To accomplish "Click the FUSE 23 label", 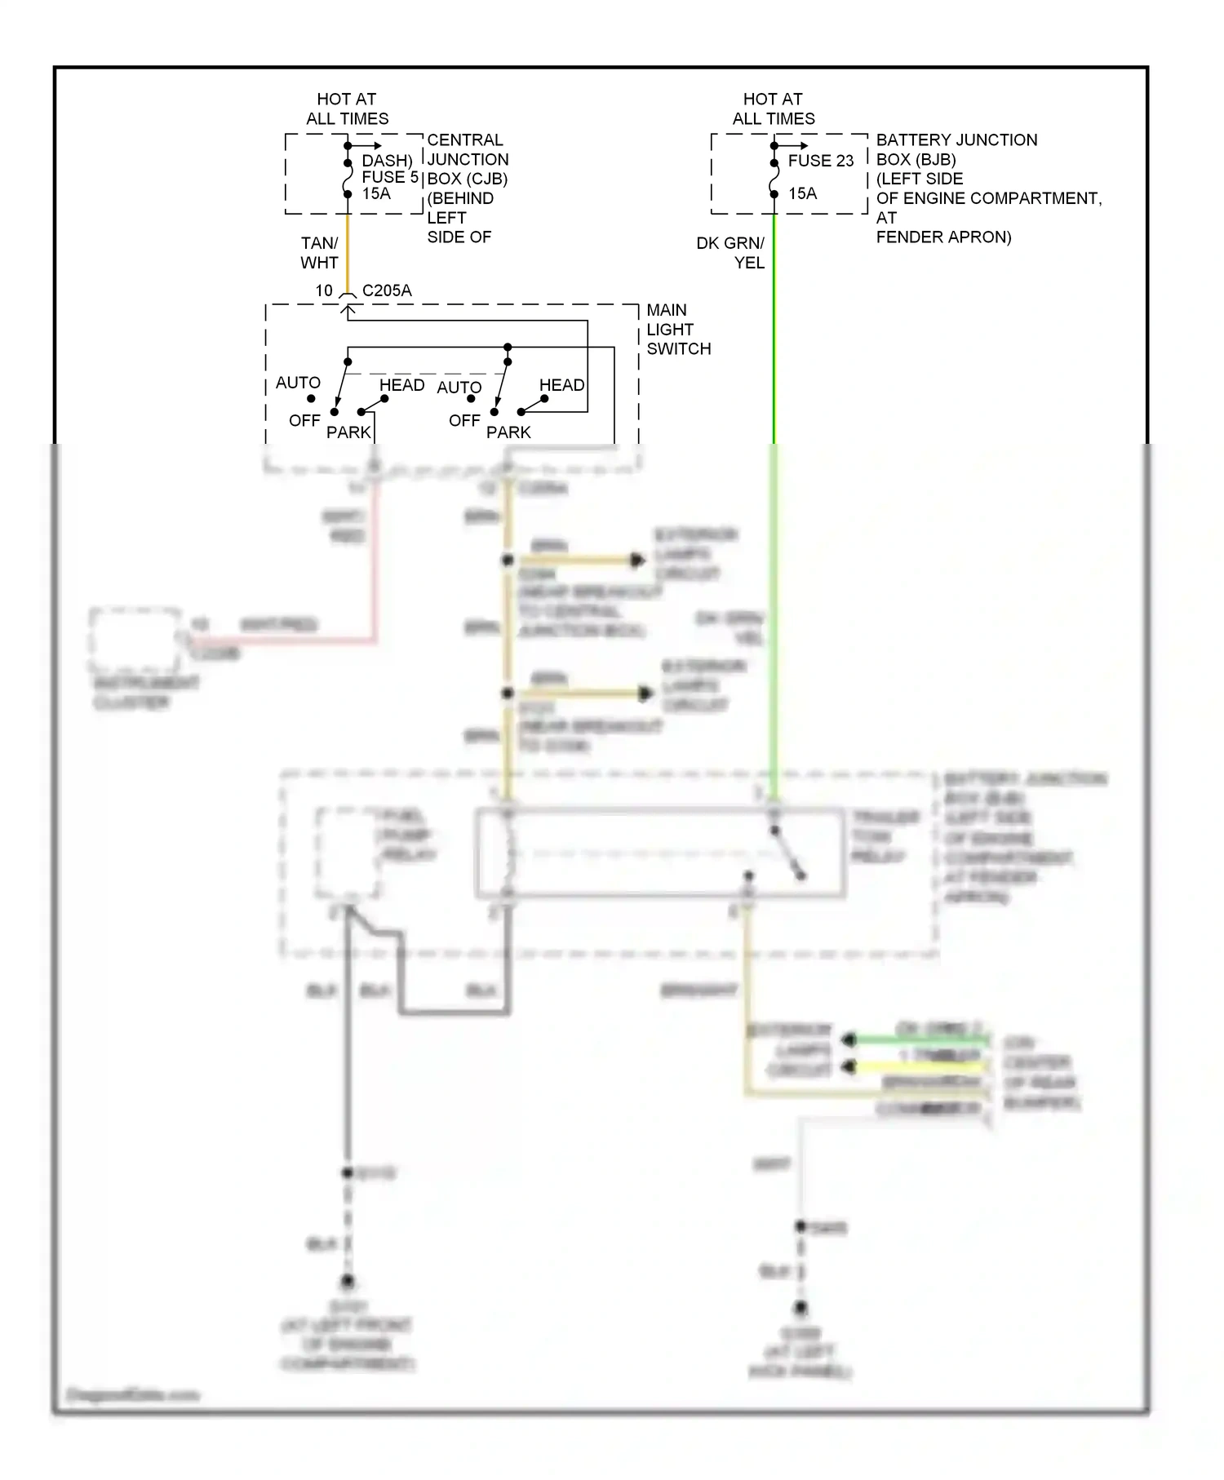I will (820, 161).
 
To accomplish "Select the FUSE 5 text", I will (390, 177).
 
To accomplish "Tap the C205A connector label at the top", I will (387, 290).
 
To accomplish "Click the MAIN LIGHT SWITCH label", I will (677, 330).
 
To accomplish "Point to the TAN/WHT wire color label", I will (319, 253).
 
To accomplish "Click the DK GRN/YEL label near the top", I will (730, 253).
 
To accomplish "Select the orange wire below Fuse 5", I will (348, 253).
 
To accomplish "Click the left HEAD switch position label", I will (401, 385).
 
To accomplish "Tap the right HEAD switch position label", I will (561, 385).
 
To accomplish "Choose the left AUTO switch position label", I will (298, 383).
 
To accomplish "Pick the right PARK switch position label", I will (508, 432).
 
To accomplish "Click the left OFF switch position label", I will (304, 421).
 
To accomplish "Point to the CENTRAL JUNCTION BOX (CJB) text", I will (467, 159).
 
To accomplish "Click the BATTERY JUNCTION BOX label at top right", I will (956, 149).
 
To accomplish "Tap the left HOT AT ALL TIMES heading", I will (347, 109).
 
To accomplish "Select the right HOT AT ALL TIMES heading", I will (773, 109).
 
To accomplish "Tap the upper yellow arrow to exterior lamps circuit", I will (579, 561).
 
